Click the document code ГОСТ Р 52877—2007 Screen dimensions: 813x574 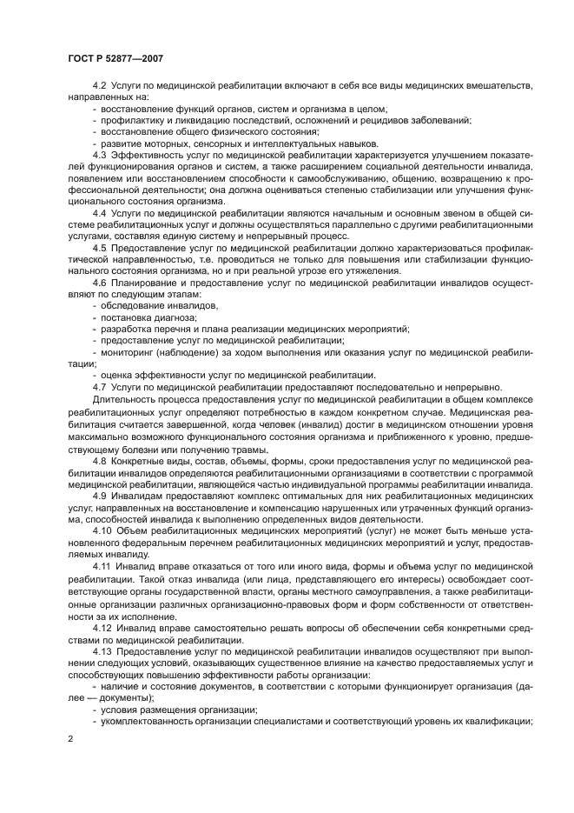click(x=116, y=58)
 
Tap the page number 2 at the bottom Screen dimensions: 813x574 click(x=69, y=737)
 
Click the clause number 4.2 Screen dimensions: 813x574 click(x=99, y=85)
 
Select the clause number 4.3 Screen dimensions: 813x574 click(x=99, y=153)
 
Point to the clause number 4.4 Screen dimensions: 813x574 click(x=99, y=210)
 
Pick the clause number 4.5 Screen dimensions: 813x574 click(x=99, y=245)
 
